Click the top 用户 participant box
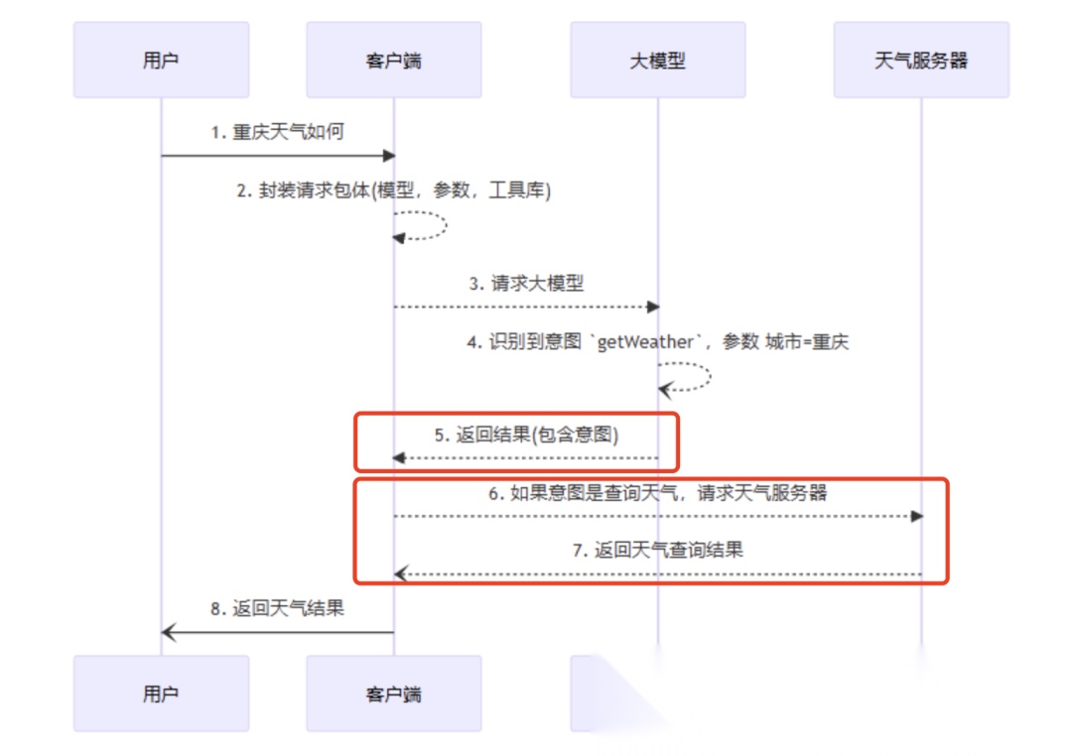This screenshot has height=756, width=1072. pos(161,61)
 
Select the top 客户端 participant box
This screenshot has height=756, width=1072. pos(393,61)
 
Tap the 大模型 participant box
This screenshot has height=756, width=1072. pos(657,61)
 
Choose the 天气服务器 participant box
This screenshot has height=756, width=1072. pos(920,61)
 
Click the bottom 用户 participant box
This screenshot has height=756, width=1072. pos(161,693)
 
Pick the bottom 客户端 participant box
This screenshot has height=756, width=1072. pos(393,693)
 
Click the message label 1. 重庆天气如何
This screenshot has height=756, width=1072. pos(277,132)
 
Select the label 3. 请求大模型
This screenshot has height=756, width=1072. pos(526,283)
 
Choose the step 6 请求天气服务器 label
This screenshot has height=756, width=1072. pos(657,493)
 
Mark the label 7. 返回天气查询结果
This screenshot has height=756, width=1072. pos(657,550)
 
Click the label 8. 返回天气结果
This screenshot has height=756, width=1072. pos(277,608)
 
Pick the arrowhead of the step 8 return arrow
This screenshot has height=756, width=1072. pos(168,632)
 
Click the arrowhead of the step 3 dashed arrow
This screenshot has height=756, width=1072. pos(652,307)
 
